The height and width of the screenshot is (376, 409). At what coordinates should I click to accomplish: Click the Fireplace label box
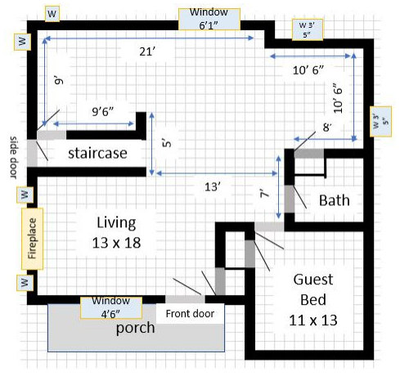[32, 239]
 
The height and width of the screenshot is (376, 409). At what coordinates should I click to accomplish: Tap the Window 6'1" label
[209, 19]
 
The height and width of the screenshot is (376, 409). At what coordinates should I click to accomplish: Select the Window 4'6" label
[111, 307]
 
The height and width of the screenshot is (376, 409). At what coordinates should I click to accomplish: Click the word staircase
[97, 153]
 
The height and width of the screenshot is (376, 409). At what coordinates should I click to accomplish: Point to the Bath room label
[335, 200]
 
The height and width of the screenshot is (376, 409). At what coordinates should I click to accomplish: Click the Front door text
[190, 314]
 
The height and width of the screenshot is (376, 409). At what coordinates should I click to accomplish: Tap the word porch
[135, 328]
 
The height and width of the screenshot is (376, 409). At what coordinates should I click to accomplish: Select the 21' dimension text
[147, 51]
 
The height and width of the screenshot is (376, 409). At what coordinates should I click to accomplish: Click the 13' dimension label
[213, 187]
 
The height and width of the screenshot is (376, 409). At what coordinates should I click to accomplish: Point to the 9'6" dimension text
[102, 111]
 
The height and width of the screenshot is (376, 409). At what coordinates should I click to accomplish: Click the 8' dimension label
[327, 128]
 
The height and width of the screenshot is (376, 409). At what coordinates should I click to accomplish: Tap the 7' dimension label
[264, 194]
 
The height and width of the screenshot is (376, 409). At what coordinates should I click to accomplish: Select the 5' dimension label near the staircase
[167, 142]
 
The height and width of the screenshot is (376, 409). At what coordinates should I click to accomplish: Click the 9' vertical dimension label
[58, 81]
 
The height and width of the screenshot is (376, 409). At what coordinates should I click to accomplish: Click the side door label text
[14, 158]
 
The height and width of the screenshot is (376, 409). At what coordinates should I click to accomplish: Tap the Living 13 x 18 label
[116, 232]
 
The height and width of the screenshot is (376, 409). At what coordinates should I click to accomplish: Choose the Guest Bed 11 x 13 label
[313, 299]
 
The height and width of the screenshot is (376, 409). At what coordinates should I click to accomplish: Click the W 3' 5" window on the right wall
[380, 122]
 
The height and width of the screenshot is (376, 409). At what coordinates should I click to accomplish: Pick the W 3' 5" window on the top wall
[308, 29]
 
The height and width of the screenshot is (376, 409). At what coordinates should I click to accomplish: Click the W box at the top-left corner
[52, 14]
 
